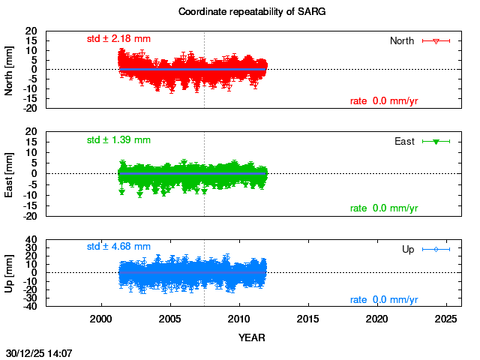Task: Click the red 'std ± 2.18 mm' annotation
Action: tap(118, 38)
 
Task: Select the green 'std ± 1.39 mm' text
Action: tap(118, 139)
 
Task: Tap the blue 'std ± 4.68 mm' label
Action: tap(118, 246)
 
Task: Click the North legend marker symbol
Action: tap(436, 40)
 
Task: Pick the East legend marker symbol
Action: tap(436, 141)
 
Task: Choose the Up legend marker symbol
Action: tap(436, 249)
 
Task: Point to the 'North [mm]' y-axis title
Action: tap(10, 69)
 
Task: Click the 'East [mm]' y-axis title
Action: tap(10, 173)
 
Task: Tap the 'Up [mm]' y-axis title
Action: tap(10, 272)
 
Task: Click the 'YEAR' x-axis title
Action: tap(251, 337)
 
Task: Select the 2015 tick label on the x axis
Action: tap(308, 319)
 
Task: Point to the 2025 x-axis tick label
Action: tap(446, 319)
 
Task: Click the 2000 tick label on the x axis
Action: tap(101, 319)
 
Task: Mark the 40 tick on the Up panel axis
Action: tap(31, 240)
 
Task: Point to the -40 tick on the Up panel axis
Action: tap(30, 307)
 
